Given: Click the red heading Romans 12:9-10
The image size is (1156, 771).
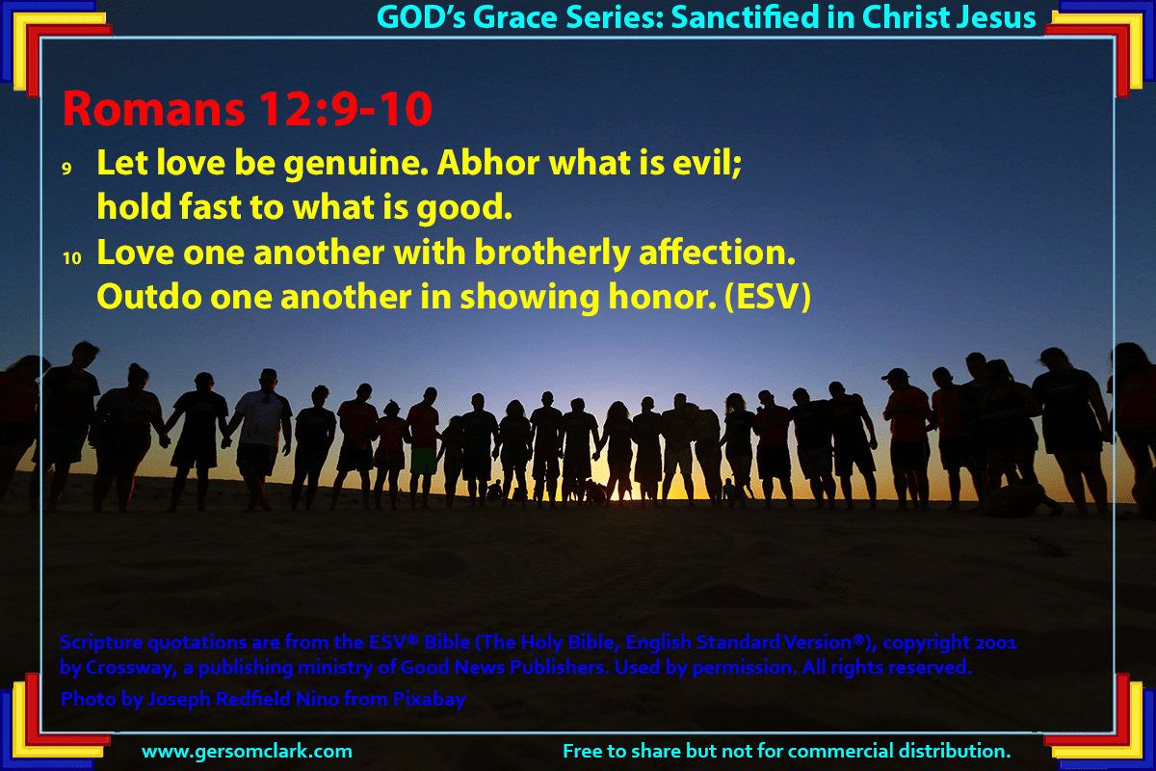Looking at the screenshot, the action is [x=248, y=109].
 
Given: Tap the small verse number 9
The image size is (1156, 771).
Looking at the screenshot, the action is [x=66, y=169].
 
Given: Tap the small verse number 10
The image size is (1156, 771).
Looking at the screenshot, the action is [x=72, y=257].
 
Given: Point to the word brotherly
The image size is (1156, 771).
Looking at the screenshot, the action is [x=552, y=253].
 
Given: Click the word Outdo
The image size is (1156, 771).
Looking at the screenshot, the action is [x=149, y=297].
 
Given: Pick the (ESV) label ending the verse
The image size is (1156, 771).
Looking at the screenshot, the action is [x=768, y=297].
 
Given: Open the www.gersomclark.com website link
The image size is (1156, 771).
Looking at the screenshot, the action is [x=247, y=752].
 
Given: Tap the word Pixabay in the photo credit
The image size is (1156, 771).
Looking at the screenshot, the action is [x=429, y=700].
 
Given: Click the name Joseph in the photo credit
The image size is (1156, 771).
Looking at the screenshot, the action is [x=179, y=700].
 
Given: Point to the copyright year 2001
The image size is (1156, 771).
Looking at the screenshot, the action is [x=995, y=643].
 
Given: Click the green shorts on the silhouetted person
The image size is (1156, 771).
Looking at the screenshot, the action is [x=424, y=460].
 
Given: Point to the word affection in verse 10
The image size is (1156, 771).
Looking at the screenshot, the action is [x=718, y=253].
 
